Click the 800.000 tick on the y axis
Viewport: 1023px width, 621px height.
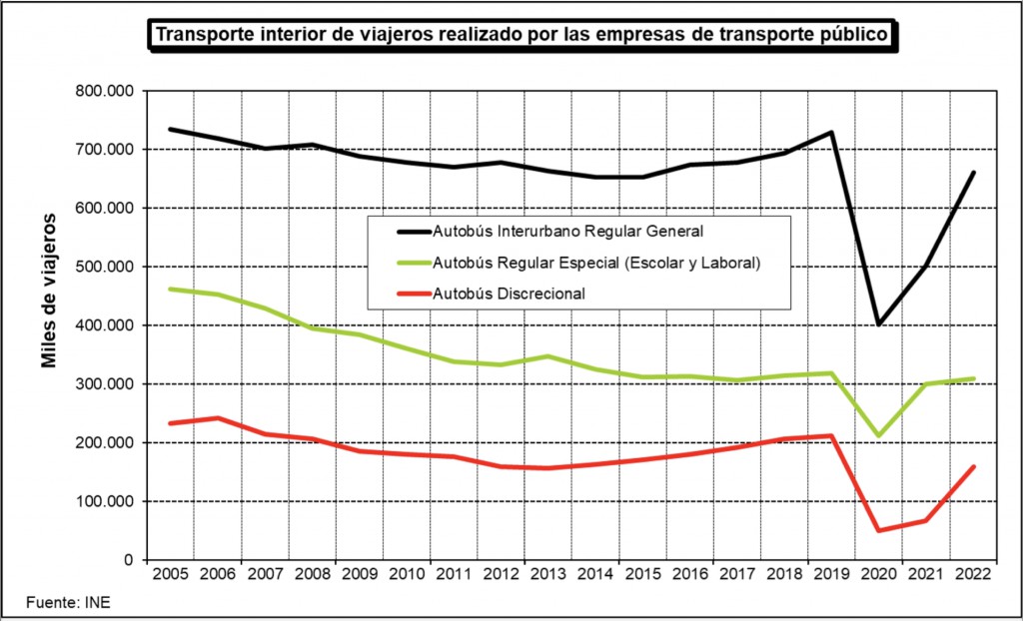point(105,91)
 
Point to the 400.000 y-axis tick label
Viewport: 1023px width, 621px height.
point(105,325)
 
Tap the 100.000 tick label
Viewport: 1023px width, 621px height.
point(105,501)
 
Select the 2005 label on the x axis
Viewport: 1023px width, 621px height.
point(170,574)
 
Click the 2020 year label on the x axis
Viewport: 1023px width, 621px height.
point(879,574)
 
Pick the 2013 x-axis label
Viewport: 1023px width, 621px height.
point(548,574)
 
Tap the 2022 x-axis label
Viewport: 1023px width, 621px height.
point(973,574)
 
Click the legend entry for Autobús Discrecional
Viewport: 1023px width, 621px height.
point(509,294)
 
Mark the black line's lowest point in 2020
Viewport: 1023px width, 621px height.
point(879,324)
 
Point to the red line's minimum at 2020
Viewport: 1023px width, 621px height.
point(879,530)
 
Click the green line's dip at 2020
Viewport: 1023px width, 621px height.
point(879,435)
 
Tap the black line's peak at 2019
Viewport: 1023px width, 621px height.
point(831,132)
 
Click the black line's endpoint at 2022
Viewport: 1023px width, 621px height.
point(973,173)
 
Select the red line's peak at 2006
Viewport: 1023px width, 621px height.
point(218,417)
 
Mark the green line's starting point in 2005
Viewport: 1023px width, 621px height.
point(171,289)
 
